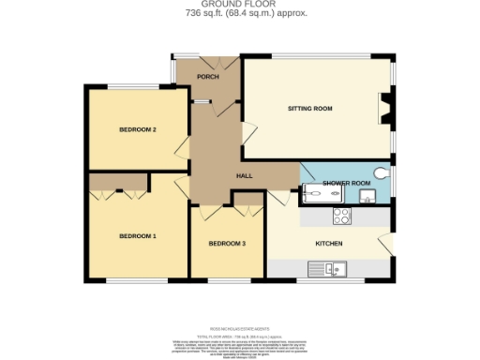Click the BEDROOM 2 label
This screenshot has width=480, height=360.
[x=137, y=129]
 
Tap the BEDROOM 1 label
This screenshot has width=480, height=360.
[x=137, y=236]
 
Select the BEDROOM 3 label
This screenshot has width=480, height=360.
[x=227, y=244]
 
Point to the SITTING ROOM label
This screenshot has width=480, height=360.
[x=309, y=109]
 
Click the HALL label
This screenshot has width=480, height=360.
[x=244, y=175]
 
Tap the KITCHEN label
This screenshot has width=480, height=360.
[x=328, y=244]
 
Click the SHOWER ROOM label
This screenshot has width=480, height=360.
[x=340, y=183]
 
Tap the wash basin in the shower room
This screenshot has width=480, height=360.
[x=367, y=197]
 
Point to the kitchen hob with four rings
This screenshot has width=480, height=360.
[x=341, y=217]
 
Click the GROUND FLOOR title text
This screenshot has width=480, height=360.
[x=240, y=5]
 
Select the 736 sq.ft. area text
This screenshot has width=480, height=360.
[x=240, y=14]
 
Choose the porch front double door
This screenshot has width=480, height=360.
[x=207, y=62]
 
